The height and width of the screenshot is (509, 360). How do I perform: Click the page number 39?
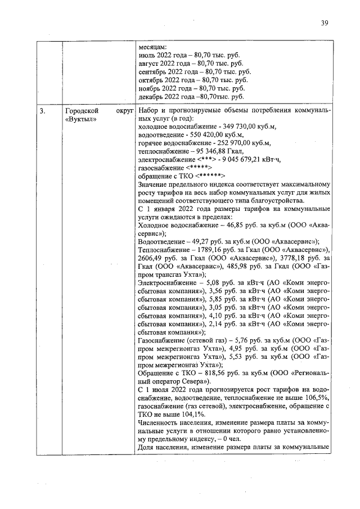click(325, 23)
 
